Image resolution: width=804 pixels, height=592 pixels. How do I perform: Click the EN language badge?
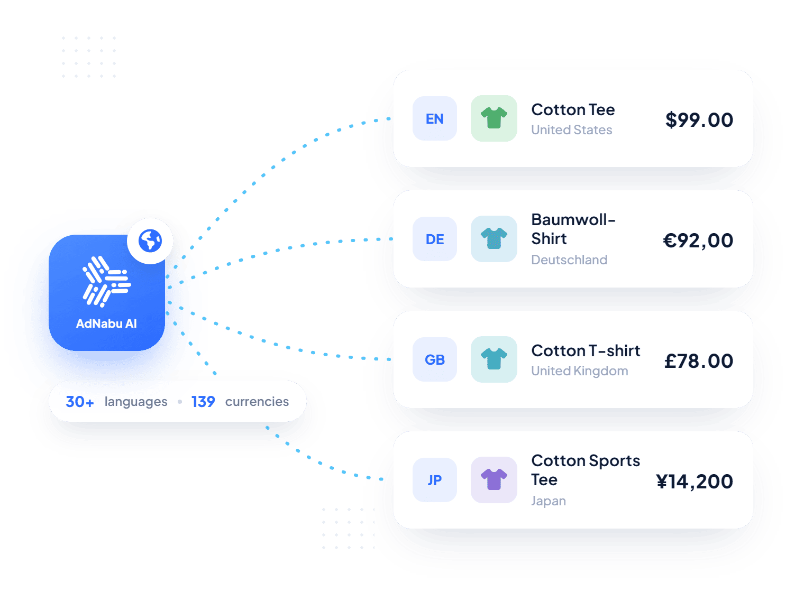tap(435, 119)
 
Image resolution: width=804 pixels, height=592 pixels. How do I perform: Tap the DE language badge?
tap(435, 239)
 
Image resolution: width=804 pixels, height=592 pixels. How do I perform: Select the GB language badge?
tap(435, 359)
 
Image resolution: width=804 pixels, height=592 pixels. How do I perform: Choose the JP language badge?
tap(435, 480)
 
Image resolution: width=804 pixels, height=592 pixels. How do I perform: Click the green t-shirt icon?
tap(494, 118)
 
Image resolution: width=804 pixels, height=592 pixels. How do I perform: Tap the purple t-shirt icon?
tap(494, 479)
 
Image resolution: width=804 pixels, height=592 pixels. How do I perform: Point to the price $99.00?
tap(699, 120)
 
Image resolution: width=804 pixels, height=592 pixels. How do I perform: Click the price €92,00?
tap(698, 240)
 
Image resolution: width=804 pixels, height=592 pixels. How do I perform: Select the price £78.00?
tap(699, 360)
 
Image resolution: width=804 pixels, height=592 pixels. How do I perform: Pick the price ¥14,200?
tap(695, 482)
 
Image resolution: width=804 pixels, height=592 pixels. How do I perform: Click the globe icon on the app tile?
tap(150, 241)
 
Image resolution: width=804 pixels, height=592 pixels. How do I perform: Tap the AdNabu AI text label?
tap(107, 323)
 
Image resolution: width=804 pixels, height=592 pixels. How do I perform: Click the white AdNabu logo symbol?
tap(107, 282)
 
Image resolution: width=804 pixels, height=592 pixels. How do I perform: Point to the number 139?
tap(203, 402)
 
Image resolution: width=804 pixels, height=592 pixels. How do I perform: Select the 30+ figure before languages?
tap(80, 402)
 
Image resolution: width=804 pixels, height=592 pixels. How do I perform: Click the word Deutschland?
tap(569, 260)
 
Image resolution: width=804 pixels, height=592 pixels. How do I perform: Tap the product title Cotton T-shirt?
tap(586, 350)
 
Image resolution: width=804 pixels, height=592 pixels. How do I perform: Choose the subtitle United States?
tap(572, 130)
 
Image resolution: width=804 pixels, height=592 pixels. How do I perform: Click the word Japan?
tap(549, 501)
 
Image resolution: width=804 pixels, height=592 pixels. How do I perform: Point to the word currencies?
tap(257, 402)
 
